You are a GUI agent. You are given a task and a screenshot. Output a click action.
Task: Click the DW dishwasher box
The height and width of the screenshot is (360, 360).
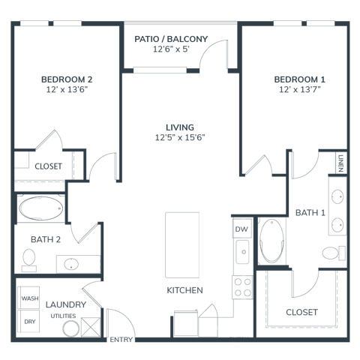pyautogui.click(x=241, y=229)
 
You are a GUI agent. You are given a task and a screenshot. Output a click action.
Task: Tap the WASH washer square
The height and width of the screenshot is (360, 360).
pyautogui.click(x=29, y=298)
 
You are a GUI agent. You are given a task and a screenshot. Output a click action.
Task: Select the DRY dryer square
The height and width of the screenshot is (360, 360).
pyautogui.click(x=29, y=322)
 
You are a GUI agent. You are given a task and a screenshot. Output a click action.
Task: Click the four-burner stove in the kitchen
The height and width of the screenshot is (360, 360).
pyautogui.click(x=242, y=287)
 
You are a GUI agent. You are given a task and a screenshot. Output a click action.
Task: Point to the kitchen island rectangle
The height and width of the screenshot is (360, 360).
pyautogui.click(x=182, y=245)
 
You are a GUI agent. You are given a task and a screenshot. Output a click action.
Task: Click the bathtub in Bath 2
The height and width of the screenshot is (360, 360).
pyautogui.click(x=41, y=208)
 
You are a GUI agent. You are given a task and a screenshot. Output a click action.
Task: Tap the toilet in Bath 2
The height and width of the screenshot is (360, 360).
pyautogui.click(x=28, y=260)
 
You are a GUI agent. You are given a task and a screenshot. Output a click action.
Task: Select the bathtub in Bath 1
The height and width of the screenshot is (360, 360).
pyautogui.click(x=271, y=241)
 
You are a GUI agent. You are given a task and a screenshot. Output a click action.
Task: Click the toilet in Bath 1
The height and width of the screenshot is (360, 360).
pyautogui.click(x=334, y=253)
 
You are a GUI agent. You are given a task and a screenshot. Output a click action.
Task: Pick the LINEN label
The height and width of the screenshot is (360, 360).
pyautogui.click(x=340, y=163)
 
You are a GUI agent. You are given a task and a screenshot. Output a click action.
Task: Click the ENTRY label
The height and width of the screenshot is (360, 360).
pyautogui.click(x=121, y=340)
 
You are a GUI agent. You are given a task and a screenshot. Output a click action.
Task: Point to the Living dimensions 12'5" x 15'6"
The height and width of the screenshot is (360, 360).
pyautogui.click(x=180, y=137)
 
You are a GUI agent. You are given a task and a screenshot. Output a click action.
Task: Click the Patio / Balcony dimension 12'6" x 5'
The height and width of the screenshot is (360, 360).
pyautogui.click(x=171, y=49)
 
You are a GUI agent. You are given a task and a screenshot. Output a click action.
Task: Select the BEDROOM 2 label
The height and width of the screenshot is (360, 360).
pyautogui.click(x=67, y=79)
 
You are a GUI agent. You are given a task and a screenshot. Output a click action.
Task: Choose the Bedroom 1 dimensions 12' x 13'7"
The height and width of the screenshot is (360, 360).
pyautogui.click(x=300, y=89)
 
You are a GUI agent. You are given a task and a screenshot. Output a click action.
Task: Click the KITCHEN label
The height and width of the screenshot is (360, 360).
pyautogui.click(x=184, y=290)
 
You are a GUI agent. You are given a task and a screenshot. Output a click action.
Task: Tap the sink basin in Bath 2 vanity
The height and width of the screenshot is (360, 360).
pyautogui.click(x=71, y=264)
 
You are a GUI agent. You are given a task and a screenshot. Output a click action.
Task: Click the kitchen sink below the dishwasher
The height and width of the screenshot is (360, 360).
pyautogui.click(x=242, y=252)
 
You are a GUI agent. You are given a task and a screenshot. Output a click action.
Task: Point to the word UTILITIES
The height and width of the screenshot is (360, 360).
pyautogui.click(x=63, y=316)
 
